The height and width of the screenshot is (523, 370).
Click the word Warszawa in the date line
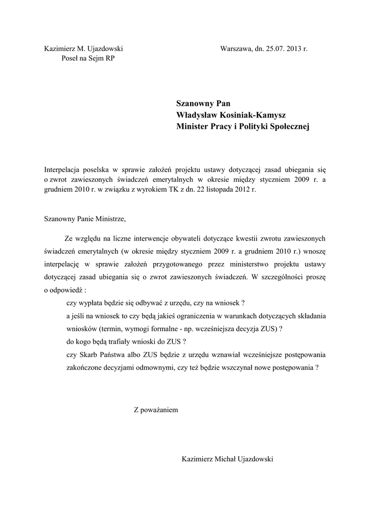pyautogui.click(x=236, y=49)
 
